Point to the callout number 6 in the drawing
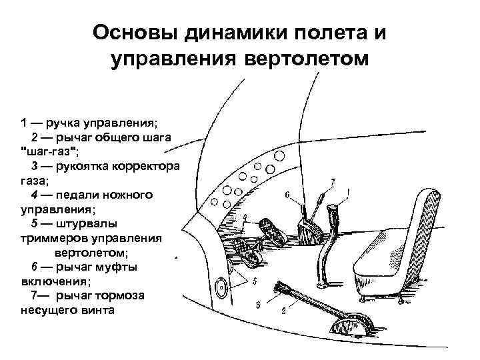click(287, 196)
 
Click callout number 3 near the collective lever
click(257, 305)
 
